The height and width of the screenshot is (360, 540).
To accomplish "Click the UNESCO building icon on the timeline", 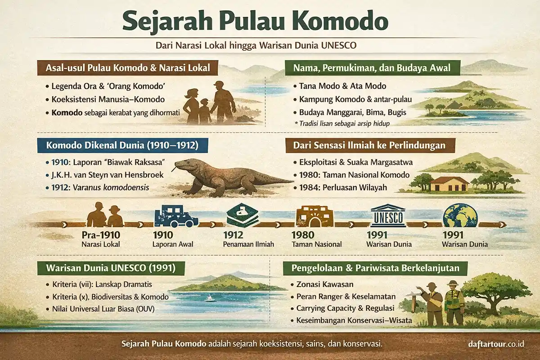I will click(x=388, y=216).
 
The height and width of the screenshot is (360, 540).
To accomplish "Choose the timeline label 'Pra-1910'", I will click(x=101, y=235).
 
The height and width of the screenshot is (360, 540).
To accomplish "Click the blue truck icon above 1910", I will click(x=176, y=216).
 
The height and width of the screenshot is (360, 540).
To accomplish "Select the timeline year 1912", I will click(x=233, y=235).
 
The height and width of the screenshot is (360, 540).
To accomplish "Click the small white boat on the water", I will click(x=209, y=298).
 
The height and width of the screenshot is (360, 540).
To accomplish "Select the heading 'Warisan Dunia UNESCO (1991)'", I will click(x=110, y=269).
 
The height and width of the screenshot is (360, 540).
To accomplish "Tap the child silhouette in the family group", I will click(x=205, y=111).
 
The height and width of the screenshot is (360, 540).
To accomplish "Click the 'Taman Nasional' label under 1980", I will click(x=316, y=244).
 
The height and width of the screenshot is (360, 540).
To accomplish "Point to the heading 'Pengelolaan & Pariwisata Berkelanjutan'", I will click(x=375, y=269).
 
